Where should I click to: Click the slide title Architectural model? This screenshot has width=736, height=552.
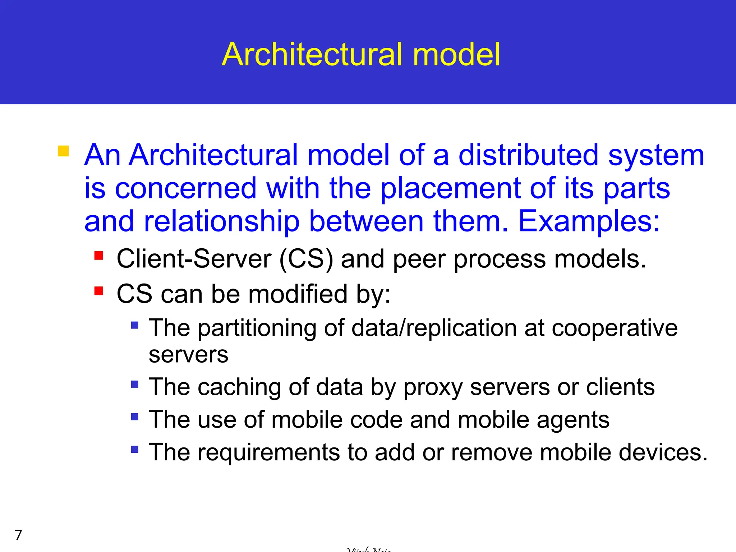(x=361, y=55)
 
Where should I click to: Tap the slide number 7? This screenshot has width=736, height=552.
(x=18, y=535)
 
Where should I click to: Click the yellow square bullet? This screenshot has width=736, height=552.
(x=63, y=151)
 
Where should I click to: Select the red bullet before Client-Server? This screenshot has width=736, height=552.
(x=99, y=256)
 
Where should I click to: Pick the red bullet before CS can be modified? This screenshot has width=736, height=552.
(x=99, y=291)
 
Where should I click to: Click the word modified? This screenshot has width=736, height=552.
(x=298, y=294)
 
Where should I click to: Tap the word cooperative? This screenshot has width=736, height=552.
(x=614, y=328)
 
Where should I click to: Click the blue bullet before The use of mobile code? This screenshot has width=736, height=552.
(x=135, y=417)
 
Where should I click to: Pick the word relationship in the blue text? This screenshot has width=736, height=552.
(x=222, y=222)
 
